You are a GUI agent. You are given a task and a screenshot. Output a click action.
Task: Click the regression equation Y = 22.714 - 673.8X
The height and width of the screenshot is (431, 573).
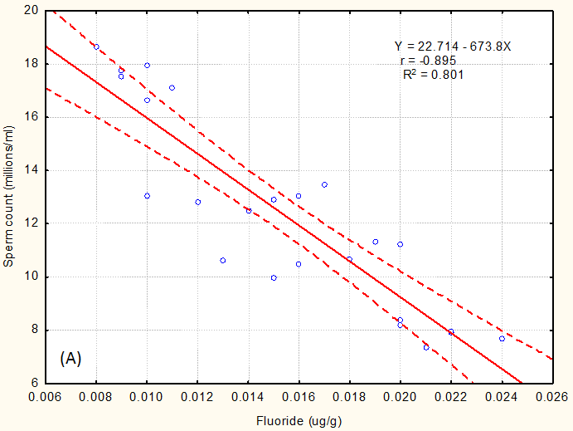coord(452,47)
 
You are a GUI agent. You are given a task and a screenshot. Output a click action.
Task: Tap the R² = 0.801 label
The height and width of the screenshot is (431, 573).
coord(432,74)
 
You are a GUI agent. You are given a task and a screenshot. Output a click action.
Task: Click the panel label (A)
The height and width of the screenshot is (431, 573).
coord(70,359)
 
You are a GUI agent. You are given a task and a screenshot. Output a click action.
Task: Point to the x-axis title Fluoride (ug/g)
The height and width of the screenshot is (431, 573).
coord(299,420)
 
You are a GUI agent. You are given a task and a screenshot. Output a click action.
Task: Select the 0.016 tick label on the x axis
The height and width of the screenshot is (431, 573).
coord(299,397)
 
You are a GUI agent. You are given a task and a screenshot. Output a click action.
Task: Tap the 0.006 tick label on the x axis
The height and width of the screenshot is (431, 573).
coord(46,397)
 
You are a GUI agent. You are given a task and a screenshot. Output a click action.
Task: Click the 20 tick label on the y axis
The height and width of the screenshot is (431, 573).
coord(32,11)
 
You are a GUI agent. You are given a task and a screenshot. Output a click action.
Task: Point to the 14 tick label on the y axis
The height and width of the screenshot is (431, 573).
coord(32,170)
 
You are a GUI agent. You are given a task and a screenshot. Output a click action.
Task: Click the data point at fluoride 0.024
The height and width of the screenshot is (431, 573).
coord(502,339)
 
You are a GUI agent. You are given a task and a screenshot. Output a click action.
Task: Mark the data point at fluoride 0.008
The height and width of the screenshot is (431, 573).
coord(96,47)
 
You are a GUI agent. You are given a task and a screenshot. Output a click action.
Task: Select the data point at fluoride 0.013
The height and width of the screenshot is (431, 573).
coord(223,261)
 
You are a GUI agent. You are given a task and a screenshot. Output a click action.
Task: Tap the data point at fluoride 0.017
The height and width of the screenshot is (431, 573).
coord(324,184)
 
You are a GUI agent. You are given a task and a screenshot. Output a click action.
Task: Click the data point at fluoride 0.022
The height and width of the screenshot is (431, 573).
coord(451,332)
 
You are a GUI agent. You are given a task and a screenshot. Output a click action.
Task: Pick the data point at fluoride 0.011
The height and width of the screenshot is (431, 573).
coord(172,88)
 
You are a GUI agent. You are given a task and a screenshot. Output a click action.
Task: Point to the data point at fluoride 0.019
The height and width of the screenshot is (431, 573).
coord(375,242)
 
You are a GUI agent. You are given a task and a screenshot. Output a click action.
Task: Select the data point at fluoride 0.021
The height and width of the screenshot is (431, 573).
coord(426,347)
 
